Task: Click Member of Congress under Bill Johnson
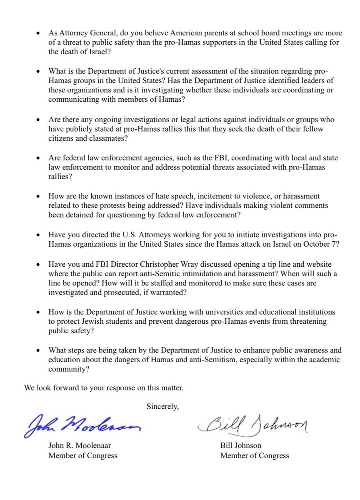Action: coord(254,455)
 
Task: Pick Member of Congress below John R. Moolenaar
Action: coord(82,455)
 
